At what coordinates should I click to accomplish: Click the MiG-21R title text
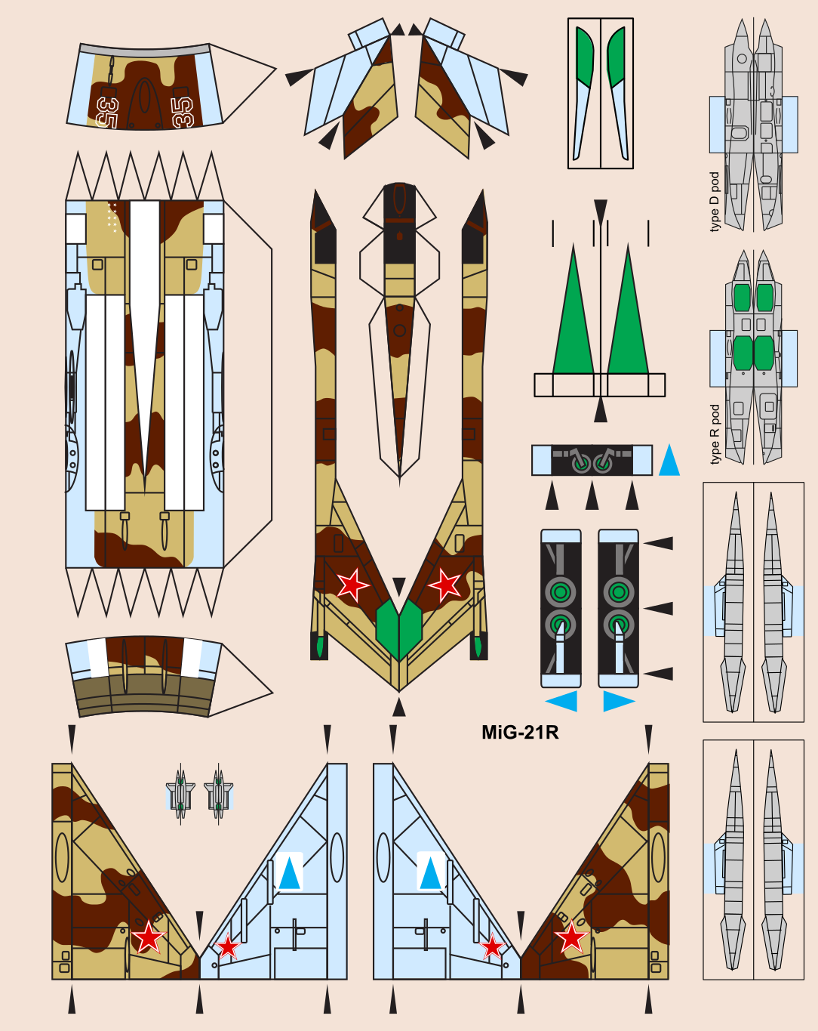(x=520, y=732)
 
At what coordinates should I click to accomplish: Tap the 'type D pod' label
(x=714, y=202)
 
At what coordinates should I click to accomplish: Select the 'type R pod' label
(x=714, y=434)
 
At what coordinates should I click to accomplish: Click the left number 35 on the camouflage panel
(x=107, y=112)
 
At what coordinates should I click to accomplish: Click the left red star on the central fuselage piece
(x=352, y=584)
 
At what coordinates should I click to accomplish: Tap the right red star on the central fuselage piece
(x=444, y=584)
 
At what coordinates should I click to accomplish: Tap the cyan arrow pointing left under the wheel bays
(x=562, y=701)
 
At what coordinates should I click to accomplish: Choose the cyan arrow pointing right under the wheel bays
(x=618, y=701)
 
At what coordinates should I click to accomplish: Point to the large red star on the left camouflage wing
(x=148, y=938)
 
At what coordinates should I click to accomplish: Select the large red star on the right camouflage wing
(x=571, y=938)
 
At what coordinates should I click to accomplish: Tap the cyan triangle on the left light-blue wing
(x=289, y=872)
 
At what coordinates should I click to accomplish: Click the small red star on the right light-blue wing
(x=492, y=946)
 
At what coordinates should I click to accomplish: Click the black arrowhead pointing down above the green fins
(x=600, y=211)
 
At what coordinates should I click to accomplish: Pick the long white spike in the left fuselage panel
(x=144, y=302)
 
